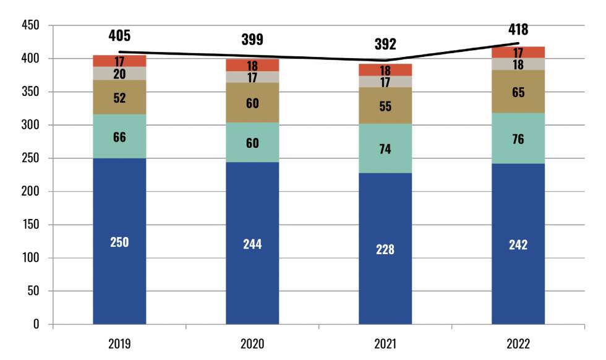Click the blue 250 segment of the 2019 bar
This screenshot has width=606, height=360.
click(x=119, y=241)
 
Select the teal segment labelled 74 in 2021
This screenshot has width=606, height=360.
click(x=385, y=148)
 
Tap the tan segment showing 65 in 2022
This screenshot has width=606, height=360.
click(x=518, y=92)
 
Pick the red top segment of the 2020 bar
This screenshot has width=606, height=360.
click(x=252, y=65)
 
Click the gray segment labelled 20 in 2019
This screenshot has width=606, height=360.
click(x=119, y=73)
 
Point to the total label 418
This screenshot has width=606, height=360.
click(x=518, y=29)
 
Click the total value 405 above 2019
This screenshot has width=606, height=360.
click(x=119, y=35)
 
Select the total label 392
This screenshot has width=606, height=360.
click(x=385, y=44)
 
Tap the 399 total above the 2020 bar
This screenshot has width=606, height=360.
click(x=252, y=40)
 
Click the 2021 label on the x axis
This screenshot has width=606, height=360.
click(x=385, y=344)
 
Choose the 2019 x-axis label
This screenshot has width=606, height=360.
click(x=119, y=344)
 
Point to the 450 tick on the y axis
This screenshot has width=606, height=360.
click(x=30, y=25)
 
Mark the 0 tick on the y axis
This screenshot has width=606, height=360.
click(x=36, y=324)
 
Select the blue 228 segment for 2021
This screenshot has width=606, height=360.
click(x=385, y=249)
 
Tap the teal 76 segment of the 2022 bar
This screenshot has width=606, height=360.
click(x=518, y=139)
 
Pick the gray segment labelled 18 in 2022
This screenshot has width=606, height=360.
click(x=518, y=64)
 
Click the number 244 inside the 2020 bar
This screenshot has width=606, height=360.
click(x=252, y=244)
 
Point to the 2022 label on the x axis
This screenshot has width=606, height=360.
click(x=518, y=344)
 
